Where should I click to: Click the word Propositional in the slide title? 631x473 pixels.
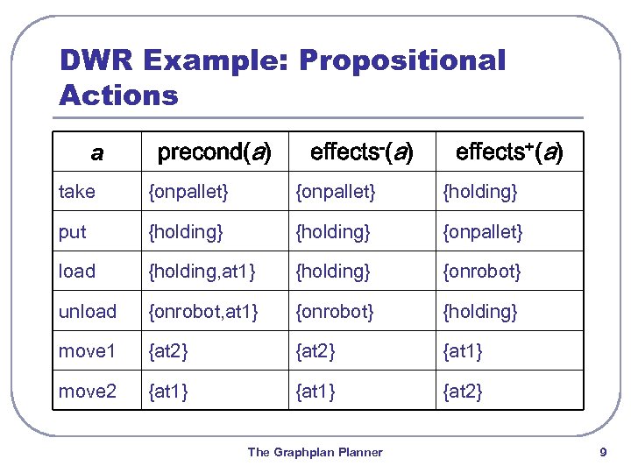[402, 61]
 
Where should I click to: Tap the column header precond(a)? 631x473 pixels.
[214, 152]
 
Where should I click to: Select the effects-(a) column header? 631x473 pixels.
[361, 152]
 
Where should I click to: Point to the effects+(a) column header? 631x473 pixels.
[509, 152]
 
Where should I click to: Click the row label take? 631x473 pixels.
[77, 192]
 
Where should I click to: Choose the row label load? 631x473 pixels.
[77, 272]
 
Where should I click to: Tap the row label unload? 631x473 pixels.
[88, 312]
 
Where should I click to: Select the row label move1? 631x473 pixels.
[88, 351]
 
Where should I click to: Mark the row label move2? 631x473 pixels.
[88, 392]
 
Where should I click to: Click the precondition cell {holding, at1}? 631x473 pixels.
[202, 272]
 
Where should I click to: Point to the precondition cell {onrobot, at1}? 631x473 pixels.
[204, 312]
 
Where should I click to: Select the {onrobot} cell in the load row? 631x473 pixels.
[482, 272]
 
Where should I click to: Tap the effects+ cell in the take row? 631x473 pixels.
[480, 192]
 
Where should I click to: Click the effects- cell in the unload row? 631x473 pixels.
[335, 312]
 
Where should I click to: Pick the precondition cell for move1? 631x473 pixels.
[170, 351]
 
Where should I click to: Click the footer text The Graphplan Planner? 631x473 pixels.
[315, 453]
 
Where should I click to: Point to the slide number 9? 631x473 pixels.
[602, 453]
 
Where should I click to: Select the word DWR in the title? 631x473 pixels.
[94, 61]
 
